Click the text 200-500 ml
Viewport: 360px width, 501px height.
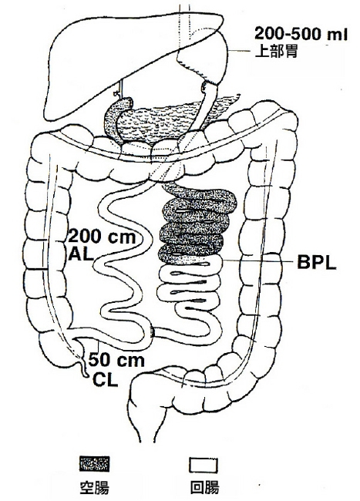pos(301,34)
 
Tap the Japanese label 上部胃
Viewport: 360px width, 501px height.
pos(276,51)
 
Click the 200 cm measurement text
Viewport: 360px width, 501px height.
pos(103,237)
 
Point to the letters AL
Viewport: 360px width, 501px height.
pos(81,255)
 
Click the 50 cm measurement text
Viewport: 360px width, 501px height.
pos(116,360)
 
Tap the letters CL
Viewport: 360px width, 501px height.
pos(106,380)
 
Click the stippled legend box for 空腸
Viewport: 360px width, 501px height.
pos(95,464)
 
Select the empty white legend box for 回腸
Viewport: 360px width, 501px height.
pos(204,466)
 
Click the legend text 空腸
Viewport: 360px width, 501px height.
pos(94,488)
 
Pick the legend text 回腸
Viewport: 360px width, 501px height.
pos(204,488)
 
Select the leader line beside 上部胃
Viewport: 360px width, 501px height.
pos(239,51)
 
